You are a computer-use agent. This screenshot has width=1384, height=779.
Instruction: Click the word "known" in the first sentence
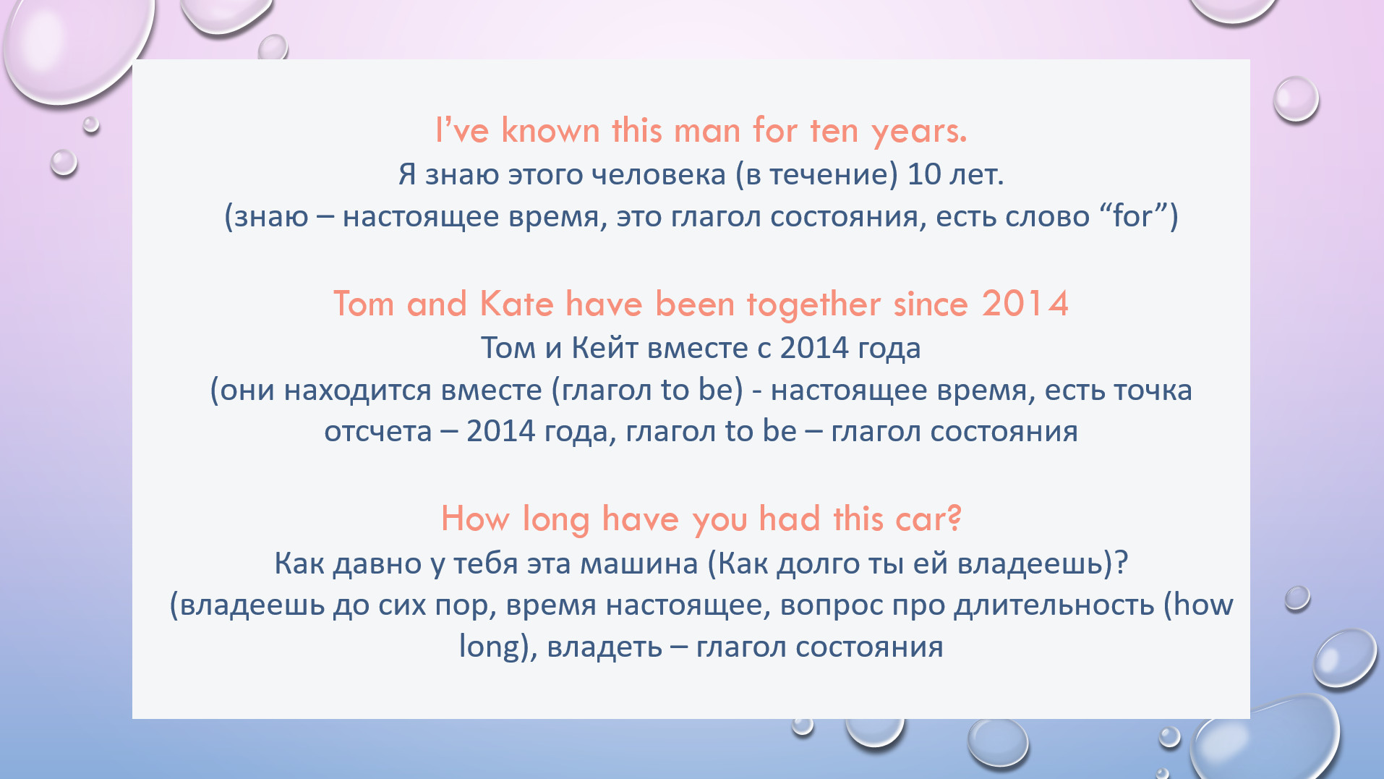pyautogui.click(x=550, y=131)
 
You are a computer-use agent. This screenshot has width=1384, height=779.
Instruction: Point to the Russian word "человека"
pyautogui.click(x=658, y=174)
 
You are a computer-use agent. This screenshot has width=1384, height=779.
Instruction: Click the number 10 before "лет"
pyautogui.click(x=924, y=174)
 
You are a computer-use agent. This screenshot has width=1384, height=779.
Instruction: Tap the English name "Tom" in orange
pyautogui.click(x=364, y=304)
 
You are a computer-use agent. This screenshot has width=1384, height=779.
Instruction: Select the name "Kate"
pyautogui.click(x=516, y=304)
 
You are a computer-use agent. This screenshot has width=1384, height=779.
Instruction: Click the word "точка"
pyautogui.click(x=1153, y=391)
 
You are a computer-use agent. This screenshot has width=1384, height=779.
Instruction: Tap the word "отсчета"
pyautogui.click(x=377, y=432)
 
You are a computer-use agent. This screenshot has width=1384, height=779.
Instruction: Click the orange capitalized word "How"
pyautogui.click(x=475, y=519)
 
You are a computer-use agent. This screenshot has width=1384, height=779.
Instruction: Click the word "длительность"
pyautogui.click(x=1054, y=605)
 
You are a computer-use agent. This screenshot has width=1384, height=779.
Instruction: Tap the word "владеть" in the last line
pyautogui.click(x=605, y=647)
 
